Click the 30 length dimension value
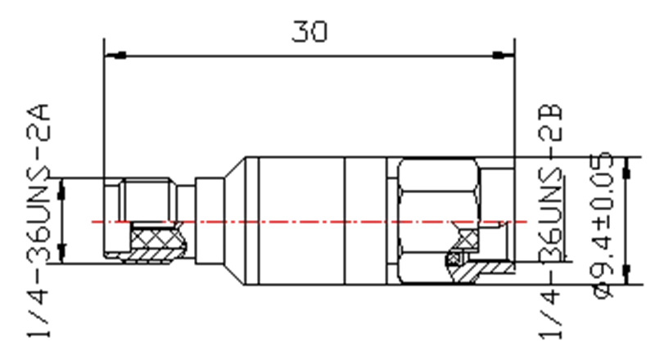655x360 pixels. tap(309, 31)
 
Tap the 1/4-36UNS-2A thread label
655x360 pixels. tap(38, 220)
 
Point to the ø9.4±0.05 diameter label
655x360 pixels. tap(603, 225)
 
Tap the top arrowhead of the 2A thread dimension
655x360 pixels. tap(62, 189)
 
